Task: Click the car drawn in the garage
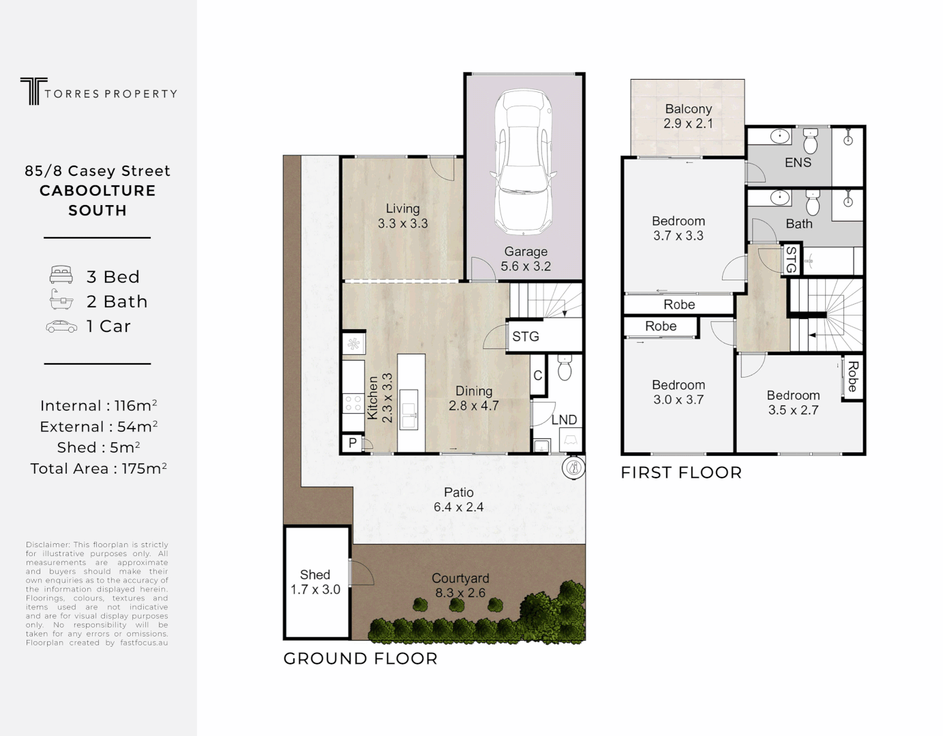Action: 524,161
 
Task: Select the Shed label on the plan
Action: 315,582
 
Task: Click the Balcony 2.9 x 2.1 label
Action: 688,116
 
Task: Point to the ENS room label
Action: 798,162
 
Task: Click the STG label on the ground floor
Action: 526,337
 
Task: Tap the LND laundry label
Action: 564,420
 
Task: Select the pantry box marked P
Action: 353,443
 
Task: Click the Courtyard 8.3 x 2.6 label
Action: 460,585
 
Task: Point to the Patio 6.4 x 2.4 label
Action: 458,500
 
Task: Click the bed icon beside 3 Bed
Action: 61,276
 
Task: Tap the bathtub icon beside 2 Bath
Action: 61,301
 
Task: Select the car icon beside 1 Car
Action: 61,326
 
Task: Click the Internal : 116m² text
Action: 98,405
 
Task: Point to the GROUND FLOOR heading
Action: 360,658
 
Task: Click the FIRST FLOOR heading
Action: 680,472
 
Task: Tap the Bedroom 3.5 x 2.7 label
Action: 793,403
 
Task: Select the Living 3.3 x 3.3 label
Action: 402,216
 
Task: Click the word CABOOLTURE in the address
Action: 98,191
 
